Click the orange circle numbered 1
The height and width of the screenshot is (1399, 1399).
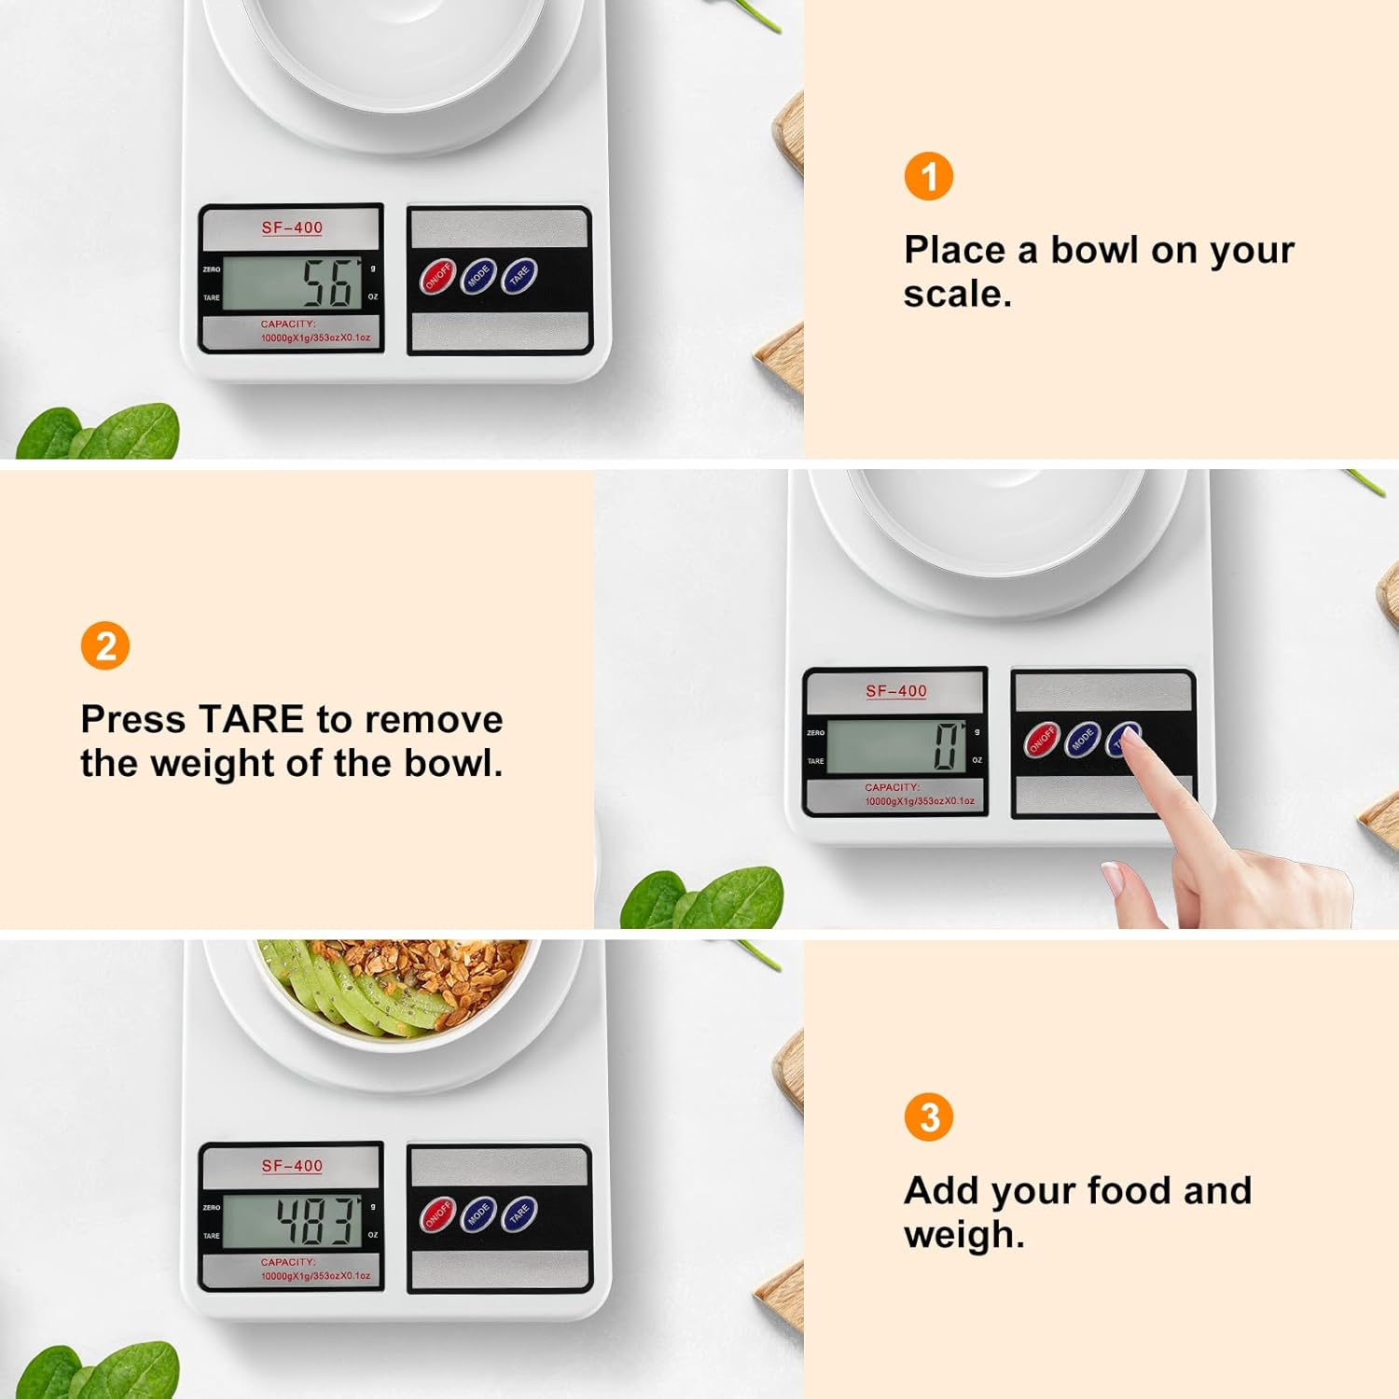928,176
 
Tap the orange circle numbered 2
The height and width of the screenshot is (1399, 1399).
105,645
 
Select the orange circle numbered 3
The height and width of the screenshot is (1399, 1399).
928,1116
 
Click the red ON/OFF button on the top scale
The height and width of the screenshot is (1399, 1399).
437,277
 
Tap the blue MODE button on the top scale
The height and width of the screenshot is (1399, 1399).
478,277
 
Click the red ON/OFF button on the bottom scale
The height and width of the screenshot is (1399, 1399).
437,1215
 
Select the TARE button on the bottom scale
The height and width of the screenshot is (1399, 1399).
519,1213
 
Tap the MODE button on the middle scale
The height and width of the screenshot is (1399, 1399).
1083,740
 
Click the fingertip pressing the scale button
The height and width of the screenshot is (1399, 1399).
1129,737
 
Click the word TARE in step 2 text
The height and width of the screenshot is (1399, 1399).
251,719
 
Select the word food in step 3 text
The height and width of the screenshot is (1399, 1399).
1128,1191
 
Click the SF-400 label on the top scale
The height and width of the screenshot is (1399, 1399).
292,228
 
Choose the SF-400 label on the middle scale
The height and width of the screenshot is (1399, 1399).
896,691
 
